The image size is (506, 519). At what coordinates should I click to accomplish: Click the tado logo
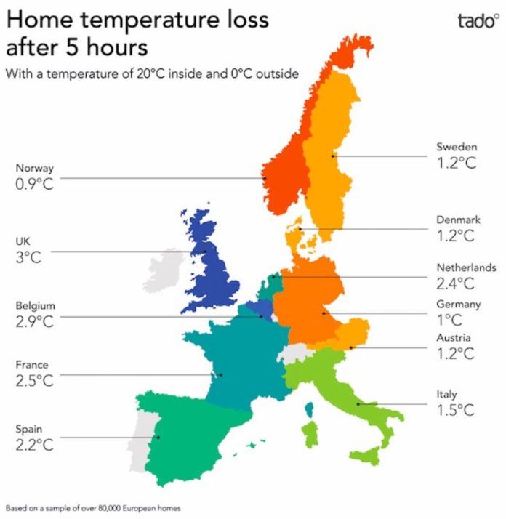coord(478,21)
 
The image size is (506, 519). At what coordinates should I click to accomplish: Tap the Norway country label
coord(34,168)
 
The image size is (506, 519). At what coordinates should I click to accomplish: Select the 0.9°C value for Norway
coord(34,184)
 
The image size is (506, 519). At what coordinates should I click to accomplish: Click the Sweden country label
coord(457,147)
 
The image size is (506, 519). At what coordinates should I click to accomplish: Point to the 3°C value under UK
coord(28,257)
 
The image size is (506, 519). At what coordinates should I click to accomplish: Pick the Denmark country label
coord(458,220)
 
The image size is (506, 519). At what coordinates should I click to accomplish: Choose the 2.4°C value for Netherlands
coord(455,283)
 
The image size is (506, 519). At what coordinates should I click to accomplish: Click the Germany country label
coord(458,304)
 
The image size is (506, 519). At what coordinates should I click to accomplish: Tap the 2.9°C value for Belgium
coord(34,321)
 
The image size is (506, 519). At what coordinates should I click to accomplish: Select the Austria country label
coord(454,337)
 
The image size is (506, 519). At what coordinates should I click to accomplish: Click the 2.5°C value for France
coord(34,380)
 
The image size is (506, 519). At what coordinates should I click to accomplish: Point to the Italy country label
coord(446,394)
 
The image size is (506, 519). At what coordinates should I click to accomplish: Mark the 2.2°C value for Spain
coord(34,445)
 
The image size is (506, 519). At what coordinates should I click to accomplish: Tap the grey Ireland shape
coord(164,270)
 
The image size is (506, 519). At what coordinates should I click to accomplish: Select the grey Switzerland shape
coord(294,353)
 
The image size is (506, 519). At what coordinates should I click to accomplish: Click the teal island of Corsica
coord(310,409)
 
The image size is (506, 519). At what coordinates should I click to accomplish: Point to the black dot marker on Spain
coord(158,438)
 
